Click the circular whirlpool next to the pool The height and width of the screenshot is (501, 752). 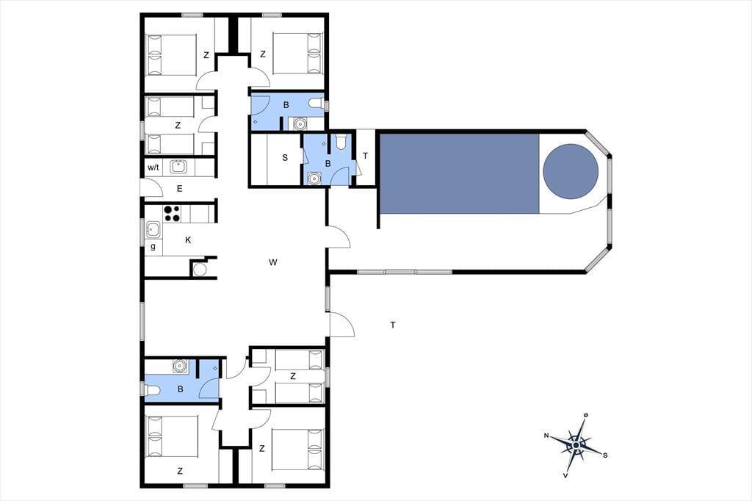[x=571, y=171]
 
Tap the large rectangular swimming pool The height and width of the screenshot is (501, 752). [x=460, y=173]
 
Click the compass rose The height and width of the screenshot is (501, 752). [x=576, y=445]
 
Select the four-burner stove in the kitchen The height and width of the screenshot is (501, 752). [x=172, y=214]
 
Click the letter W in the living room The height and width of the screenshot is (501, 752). [x=273, y=262]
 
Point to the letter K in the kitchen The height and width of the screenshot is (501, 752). [x=188, y=240]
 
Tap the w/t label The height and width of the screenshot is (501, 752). [x=153, y=167]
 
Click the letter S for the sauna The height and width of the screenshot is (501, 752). [x=285, y=157]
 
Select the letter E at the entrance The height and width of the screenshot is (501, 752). [x=179, y=189]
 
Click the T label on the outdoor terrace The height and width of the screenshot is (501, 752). [x=393, y=325]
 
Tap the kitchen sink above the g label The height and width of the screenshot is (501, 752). [x=153, y=229]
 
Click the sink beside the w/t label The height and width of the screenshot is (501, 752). [x=178, y=167]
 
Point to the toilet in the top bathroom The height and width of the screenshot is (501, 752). [x=317, y=104]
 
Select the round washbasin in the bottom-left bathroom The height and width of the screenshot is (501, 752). [x=180, y=366]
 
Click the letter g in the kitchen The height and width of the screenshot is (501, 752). [x=153, y=247]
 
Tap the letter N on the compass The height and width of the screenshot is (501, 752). [x=546, y=436]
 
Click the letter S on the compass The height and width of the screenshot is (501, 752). [x=605, y=455]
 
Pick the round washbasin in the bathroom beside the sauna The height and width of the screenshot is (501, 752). [x=313, y=178]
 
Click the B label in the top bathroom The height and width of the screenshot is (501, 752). [x=286, y=105]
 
